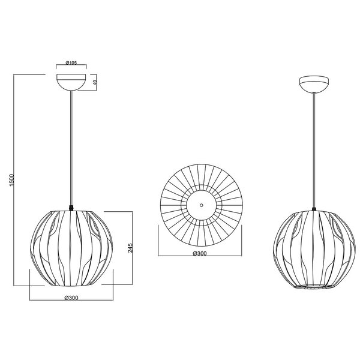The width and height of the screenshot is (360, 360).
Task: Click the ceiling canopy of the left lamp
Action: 71,82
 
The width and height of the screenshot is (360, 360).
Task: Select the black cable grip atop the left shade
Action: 71,208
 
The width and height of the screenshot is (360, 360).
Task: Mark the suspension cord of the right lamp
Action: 314,150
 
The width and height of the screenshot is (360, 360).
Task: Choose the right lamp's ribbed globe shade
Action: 314,249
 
